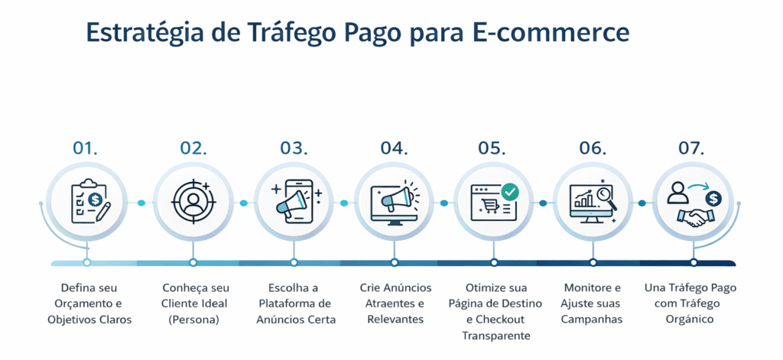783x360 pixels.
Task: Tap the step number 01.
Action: pyautogui.click(x=86, y=148)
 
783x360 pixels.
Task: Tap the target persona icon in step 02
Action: pyautogui.click(x=193, y=203)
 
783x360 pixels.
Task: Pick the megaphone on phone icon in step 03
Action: pyautogui.click(x=293, y=203)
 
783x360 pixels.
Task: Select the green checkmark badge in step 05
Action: pyautogui.click(x=510, y=191)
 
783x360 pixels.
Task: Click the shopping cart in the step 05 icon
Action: pyautogui.click(x=488, y=206)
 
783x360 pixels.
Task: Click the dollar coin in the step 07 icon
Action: pyautogui.click(x=713, y=199)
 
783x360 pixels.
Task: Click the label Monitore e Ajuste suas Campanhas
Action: pyautogui.click(x=592, y=303)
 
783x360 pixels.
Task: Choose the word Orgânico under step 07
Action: pyautogui.click(x=693, y=319)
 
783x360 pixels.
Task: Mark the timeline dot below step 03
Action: pyautogui.click(x=293, y=262)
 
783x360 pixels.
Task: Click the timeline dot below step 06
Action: pyautogui.click(x=593, y=262)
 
